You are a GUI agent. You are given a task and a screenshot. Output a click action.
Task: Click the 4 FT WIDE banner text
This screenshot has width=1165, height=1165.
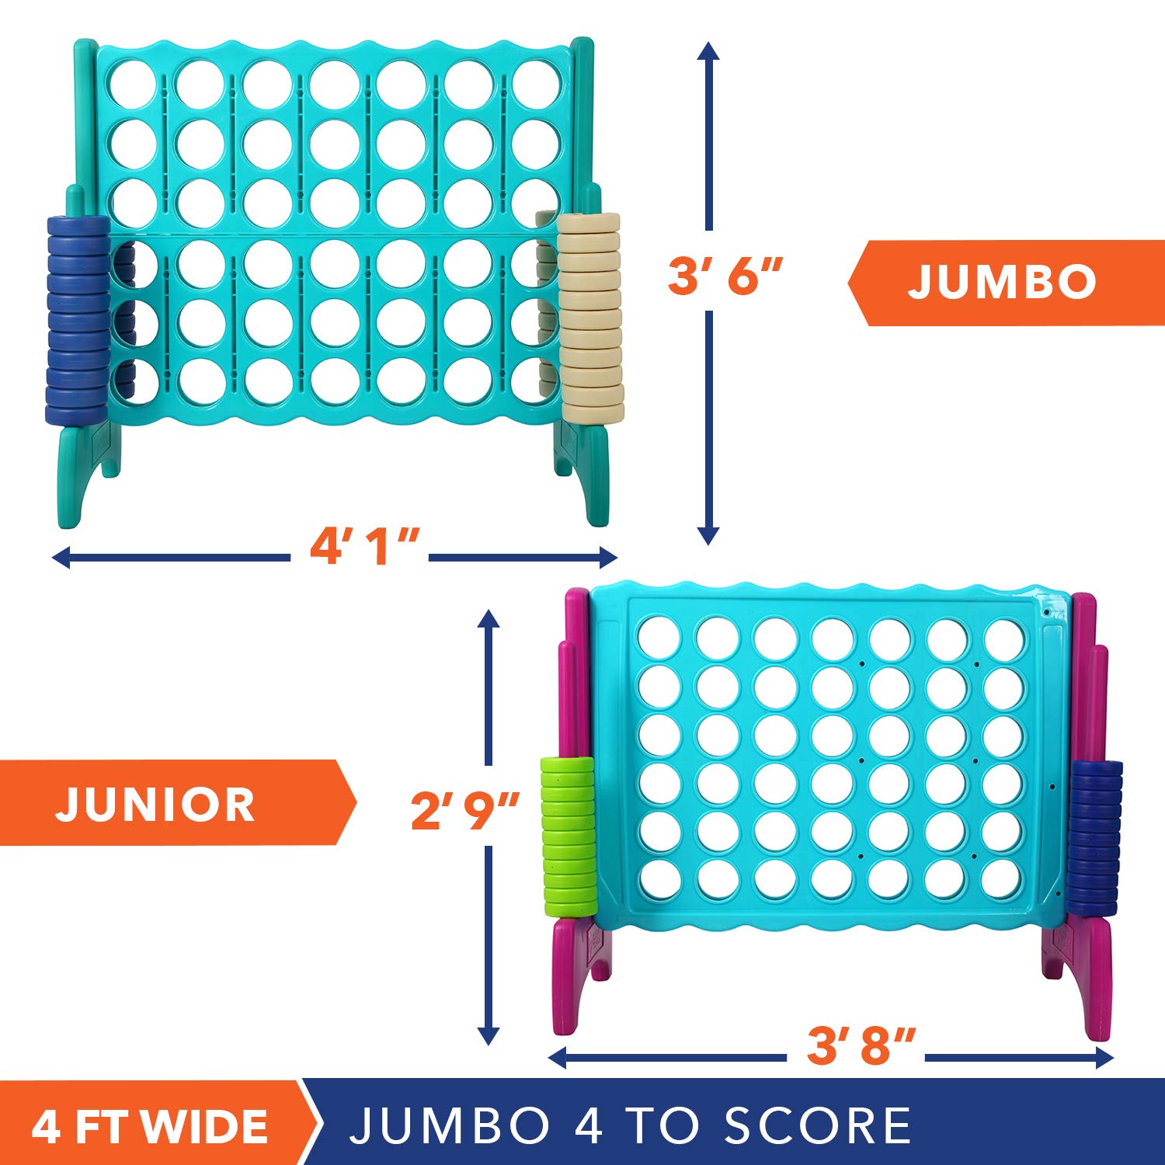[x=150, y=1127]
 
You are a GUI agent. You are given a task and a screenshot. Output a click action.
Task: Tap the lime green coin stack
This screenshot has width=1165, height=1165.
[x=569, y=836]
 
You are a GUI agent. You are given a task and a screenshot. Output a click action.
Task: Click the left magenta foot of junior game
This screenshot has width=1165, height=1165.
[x=578, y=975]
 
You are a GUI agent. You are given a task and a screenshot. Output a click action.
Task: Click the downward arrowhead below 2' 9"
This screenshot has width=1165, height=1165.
[x=488, y=1035]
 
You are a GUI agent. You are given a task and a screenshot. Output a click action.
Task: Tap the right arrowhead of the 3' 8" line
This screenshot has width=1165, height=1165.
[x=1104, y=1057]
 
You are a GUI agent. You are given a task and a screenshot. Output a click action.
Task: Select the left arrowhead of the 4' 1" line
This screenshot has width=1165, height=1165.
[x=61, y=557]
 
